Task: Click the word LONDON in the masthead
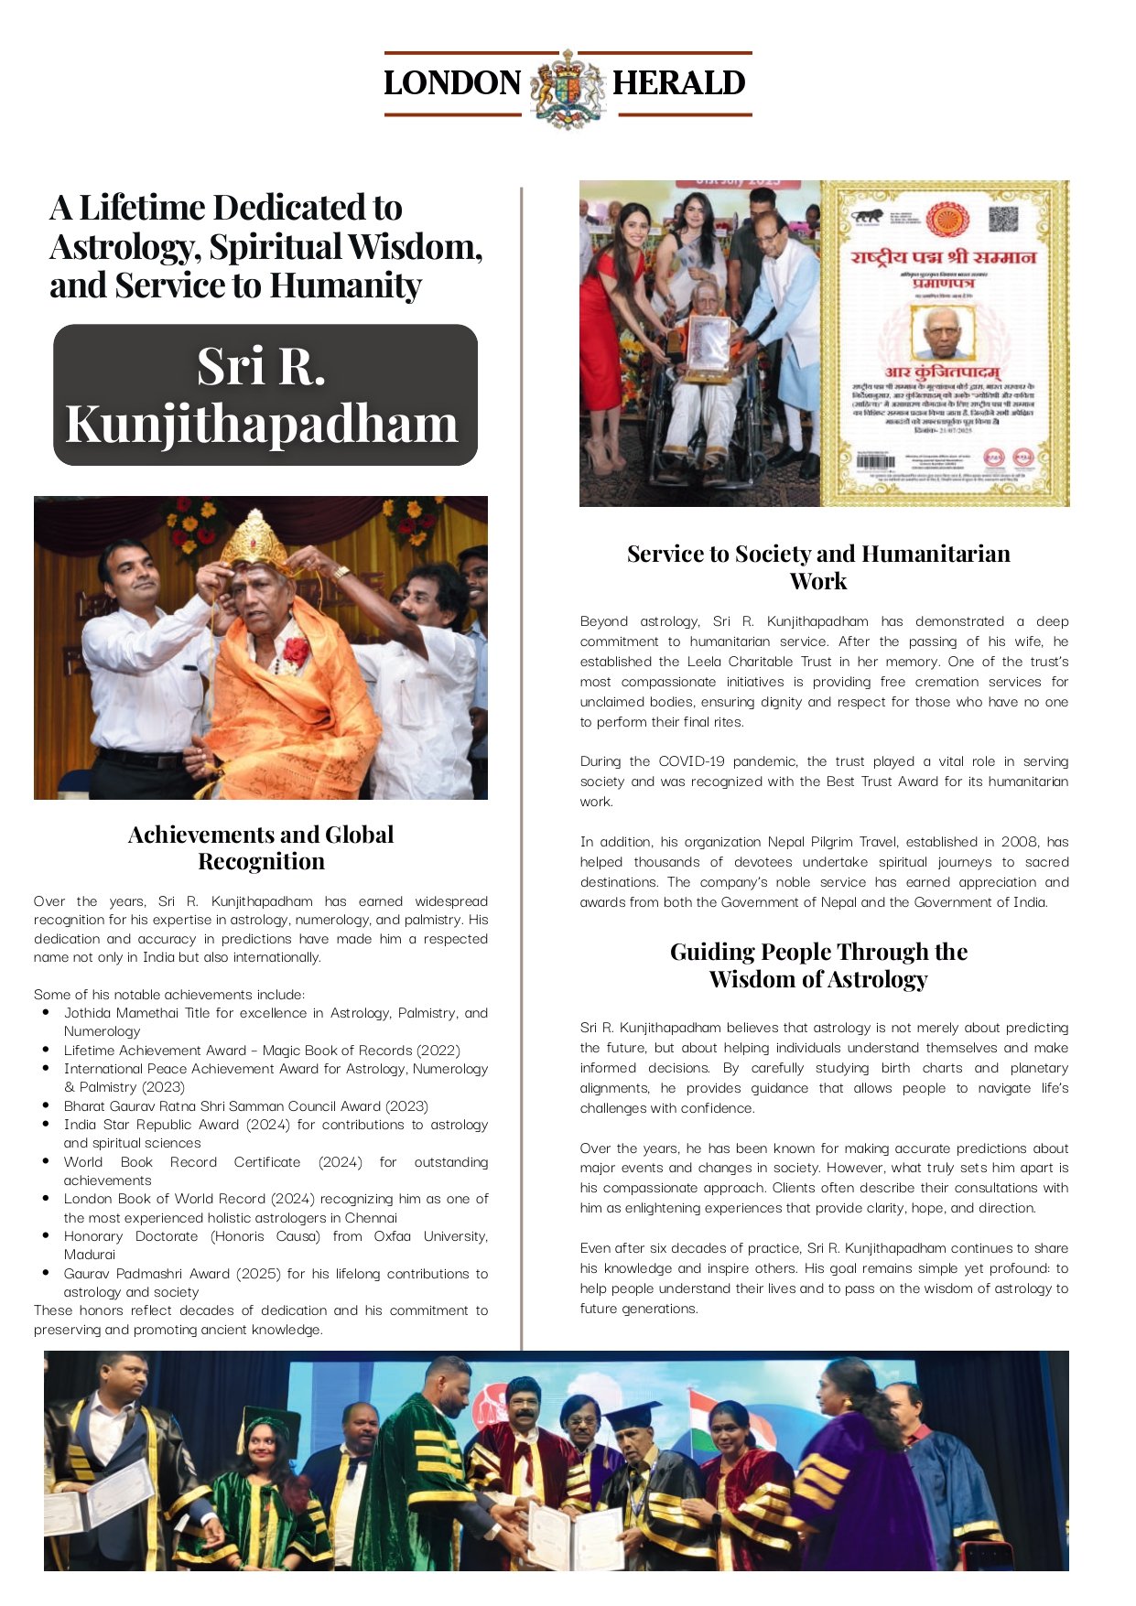[x=452, y=83]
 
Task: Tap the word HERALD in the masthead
[x=678, y=83]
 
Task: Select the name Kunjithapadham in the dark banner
[x=262, y=424]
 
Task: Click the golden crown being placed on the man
[x=254, y=542]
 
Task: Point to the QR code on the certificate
[x=1003, y=221]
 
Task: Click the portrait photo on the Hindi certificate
[x=943, y=332]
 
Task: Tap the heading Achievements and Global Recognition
[x=261, y=847]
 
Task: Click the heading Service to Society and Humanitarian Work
[x=818, y=566]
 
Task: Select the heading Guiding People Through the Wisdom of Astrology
[x=818, y=965]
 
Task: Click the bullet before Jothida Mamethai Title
[x=46, y=1012]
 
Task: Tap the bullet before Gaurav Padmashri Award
[x=46, y=1273]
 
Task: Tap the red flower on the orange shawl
[x=295, y=651]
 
